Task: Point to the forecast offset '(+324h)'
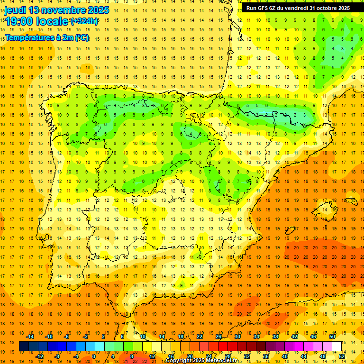84,21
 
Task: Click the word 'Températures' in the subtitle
30,37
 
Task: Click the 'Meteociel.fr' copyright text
223,361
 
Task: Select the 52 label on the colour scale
342,356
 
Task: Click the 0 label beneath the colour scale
94,356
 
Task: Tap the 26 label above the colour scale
218,337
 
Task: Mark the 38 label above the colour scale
275,337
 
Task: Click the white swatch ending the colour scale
337,346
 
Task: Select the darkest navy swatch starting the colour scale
24,346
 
